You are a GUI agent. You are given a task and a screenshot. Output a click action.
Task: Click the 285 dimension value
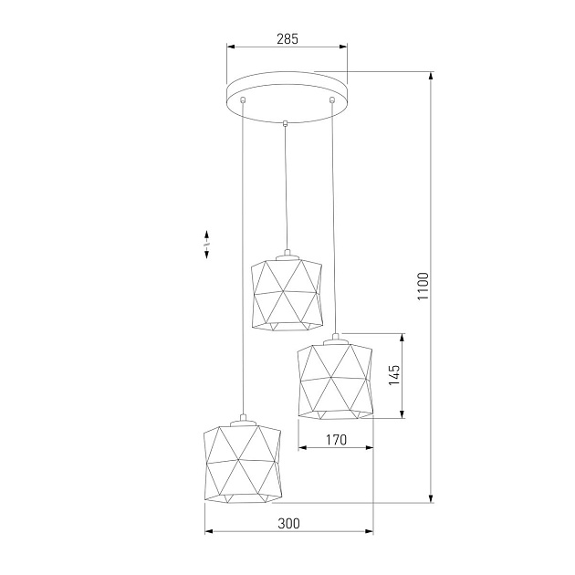[x=287, y=39]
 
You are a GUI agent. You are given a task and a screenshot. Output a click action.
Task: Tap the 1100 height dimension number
[x=422, y=288]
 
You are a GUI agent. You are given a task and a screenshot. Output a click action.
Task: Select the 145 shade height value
[x=394, y=376]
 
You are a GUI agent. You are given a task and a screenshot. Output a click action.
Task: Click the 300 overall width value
[x=288, y=524]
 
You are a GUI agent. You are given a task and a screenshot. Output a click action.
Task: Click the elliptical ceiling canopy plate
[x=287, y=94]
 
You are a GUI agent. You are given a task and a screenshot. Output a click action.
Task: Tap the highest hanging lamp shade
[x=287, y=293]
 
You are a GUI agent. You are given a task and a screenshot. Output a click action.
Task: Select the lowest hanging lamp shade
[x=242, y=463]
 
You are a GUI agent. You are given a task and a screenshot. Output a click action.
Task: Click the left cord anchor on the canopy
[x=244, y=99]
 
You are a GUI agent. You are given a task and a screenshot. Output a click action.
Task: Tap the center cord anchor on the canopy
[x=286, y=122]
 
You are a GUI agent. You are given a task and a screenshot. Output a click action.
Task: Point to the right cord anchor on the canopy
[x=332, y=99]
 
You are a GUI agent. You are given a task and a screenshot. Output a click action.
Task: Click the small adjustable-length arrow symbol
[x=207, y=245]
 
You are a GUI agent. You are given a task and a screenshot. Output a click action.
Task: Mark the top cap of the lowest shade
[x=242, y=421]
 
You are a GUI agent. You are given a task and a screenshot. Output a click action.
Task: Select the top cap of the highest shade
[x=287, y=253]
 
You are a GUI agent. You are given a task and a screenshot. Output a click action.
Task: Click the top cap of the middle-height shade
[x=336, y=336]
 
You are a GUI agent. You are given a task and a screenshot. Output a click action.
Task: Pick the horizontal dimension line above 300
[x=288, y=533]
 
